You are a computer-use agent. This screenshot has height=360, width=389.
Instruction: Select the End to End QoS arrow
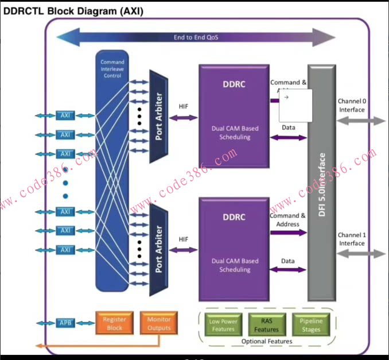pyautogui.click(x=196, y=38)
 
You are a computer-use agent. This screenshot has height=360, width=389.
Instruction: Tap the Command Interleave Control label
pyautogui.click(x=112, y=69)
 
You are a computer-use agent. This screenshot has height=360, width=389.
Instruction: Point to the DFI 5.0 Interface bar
pyautogui.click(x=321, y=183)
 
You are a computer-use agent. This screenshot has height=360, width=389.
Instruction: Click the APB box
pyautogui.click(x=65, y=324)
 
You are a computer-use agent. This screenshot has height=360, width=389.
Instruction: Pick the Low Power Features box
pyautogui.click(x=223, y=326)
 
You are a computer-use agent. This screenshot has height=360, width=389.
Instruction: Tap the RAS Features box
pyautogui.click(x=267, y=326)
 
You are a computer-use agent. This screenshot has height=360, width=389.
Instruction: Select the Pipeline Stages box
pyautogui.click(x=311, y=326)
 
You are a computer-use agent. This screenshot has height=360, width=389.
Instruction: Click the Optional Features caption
pyautogui.click(x=267, y=342)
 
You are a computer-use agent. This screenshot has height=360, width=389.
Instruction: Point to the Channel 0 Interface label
pyautogui.click(x=352, y=105)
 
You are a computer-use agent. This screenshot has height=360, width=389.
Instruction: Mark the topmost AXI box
pyautogui.click(x=65, y=116)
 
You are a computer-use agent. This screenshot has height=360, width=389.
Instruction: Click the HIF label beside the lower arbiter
pyautogui.click(x=184, y=239)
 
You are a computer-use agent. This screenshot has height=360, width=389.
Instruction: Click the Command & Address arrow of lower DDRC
pyautogui.click(x=288, y=233)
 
